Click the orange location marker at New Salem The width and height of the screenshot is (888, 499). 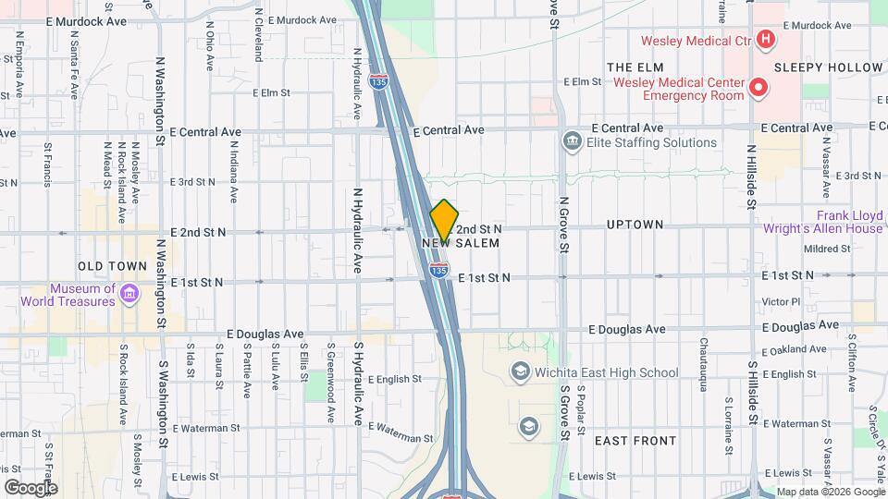tap(444, 220)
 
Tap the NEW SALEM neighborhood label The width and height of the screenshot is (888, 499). tap(461, 243)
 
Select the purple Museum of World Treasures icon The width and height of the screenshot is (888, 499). tap(130, 294)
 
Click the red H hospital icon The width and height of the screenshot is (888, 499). tap(765, 39)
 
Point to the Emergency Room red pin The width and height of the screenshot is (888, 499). tap(758, 89)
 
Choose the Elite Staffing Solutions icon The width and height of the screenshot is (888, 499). tap(572, 142)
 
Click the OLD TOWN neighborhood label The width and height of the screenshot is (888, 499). tap(112, 266)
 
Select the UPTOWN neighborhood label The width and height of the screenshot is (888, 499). tap(635, 225)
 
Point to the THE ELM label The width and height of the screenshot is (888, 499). tap(635, 67)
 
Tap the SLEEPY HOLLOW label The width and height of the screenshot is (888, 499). tap(828, 67)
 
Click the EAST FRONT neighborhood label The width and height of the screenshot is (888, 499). tap(635, 441)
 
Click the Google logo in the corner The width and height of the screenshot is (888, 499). tap(31, 487)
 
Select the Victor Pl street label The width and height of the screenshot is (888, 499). tap(781, 302)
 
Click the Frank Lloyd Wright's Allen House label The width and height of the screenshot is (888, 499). tap(823, 221)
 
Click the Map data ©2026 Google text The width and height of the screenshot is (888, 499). tap(831, 492)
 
